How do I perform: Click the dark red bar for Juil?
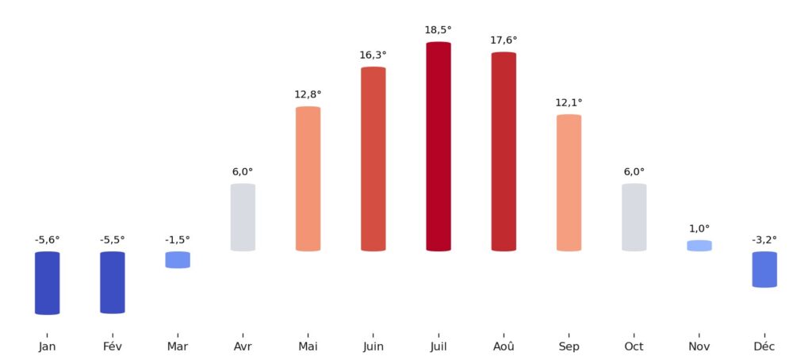[x=438, y=147]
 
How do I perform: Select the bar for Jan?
[x=47, y=283]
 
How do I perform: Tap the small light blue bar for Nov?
[x=699, y=246]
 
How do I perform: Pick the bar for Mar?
[x=178, y=260]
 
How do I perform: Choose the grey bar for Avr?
[x=243, y=217]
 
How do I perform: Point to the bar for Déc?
[x=764, y=270]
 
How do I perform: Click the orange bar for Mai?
[x=308, y=179]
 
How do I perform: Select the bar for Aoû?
[x=504, y=151]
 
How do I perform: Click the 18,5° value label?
[x=438, y=30]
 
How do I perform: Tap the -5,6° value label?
[x=47, y=239]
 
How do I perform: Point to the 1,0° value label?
[x=699, y=228]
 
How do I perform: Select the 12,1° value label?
[x=569, y=102]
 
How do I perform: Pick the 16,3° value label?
[x=373, y=55]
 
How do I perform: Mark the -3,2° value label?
[x=764, y=239]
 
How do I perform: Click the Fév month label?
[x=113, y=347]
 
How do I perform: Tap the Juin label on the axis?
[x=373, y=347]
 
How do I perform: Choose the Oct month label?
[x=634, y=347]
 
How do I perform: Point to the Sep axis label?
[x=569, y=347]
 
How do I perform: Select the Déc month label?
[x=764, y=347]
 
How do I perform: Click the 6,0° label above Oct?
[x=634, y=171]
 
